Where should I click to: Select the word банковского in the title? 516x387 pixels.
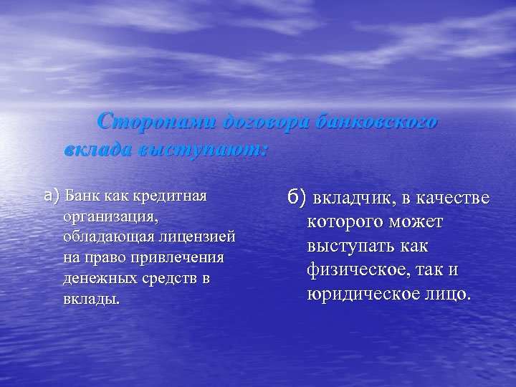(x=376, y=121)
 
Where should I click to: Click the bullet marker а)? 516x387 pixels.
(x=51, y=195)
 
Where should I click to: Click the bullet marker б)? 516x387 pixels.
(x=295, y=196)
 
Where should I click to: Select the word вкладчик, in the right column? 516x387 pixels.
(x=351, y=197)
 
